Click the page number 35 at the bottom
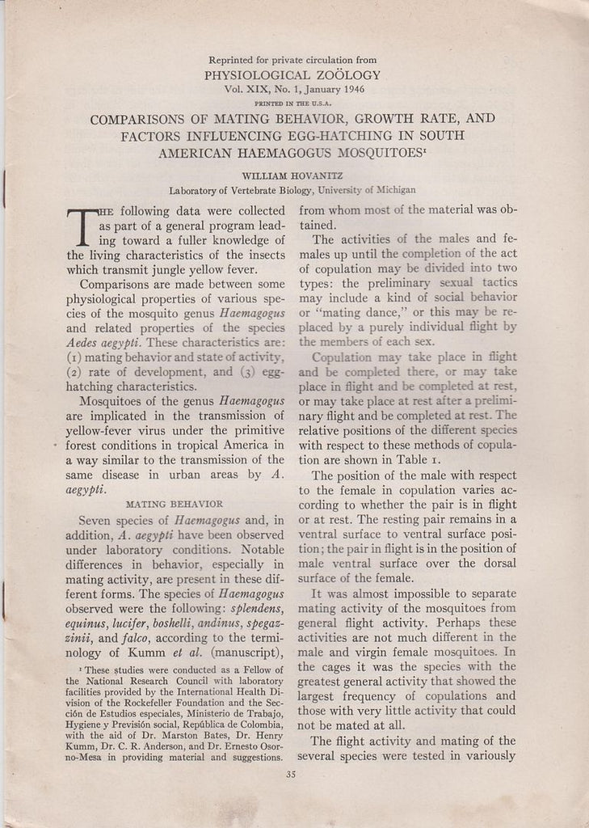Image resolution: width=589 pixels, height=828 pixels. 292,774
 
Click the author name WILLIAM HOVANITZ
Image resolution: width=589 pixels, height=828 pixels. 292,175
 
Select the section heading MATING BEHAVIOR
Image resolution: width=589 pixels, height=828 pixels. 175,504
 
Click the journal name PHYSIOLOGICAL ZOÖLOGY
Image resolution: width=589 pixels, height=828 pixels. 292,75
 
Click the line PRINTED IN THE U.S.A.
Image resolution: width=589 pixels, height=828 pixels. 292,103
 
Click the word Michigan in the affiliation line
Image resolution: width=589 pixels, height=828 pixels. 395,191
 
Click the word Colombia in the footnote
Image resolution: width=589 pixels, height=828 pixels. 255,725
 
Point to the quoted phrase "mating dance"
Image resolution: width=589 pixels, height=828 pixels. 343,313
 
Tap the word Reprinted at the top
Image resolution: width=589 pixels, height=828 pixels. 234,60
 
